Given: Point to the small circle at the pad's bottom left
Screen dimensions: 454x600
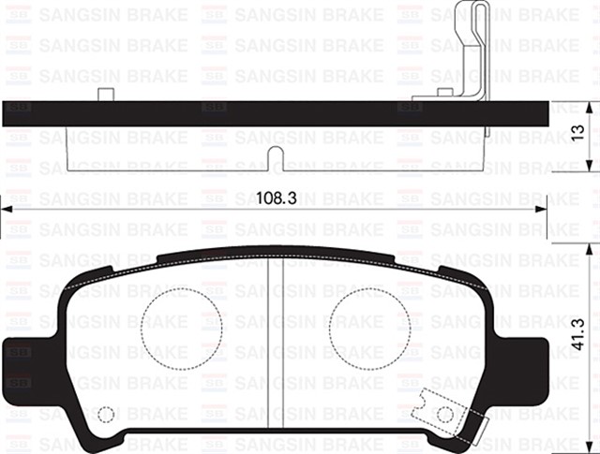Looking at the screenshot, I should pyautogui.click(x=106, y=414).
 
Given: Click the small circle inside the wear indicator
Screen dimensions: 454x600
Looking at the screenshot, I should pyautogui.click(x=445, y=413).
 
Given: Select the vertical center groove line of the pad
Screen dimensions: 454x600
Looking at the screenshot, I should pyautogui.click(x=269, y=346).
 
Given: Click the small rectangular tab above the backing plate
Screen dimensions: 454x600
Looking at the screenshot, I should pyautogui.click(x=106, y=94).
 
